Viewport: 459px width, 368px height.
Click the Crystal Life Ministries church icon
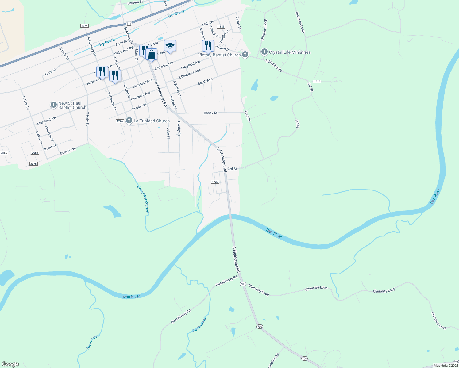coord(264,52)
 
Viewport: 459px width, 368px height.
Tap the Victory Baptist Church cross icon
coord(245,55)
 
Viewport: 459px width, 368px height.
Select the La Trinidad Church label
coord(152,121)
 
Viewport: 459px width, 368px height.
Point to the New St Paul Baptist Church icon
coord(54,105)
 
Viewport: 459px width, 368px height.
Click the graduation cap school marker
coord(170,46)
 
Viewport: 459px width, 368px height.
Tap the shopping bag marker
coord(152,55)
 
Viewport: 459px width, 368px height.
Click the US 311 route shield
coord(129,23)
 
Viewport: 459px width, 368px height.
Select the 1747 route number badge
coord(317,82)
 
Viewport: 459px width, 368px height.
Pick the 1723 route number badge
coord(215,182)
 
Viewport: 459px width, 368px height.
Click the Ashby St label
coord(210,113)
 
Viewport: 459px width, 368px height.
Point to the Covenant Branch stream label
coord(143,199)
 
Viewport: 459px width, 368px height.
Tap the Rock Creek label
coord(199,324)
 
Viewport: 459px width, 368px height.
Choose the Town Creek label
coord(93,342)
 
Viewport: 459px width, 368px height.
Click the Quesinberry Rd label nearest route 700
coord(226,281)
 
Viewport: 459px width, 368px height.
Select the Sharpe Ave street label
coord(67,151)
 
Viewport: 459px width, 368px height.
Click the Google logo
coord(10,364)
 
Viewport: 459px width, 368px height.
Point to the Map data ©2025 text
coord(446,366)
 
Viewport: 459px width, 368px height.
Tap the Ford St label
coord(248,116)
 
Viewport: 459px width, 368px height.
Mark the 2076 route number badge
coord(33,164)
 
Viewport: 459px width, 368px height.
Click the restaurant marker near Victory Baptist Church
coord(208,46)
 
